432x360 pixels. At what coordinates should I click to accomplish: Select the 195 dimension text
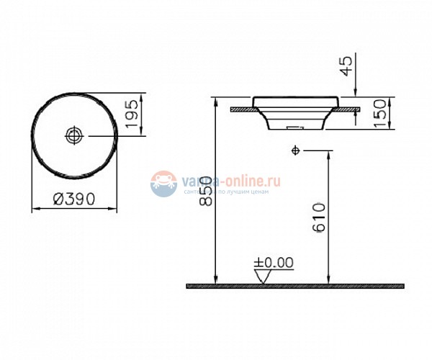[131, 115]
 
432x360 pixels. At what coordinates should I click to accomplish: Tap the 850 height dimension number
[207, 191]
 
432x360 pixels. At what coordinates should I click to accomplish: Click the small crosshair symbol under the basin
[295, 150]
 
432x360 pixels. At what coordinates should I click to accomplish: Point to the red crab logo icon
[163, 183]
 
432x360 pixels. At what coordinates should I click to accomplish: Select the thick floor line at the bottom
[295, 286]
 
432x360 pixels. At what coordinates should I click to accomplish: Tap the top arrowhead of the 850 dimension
[215, 102]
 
